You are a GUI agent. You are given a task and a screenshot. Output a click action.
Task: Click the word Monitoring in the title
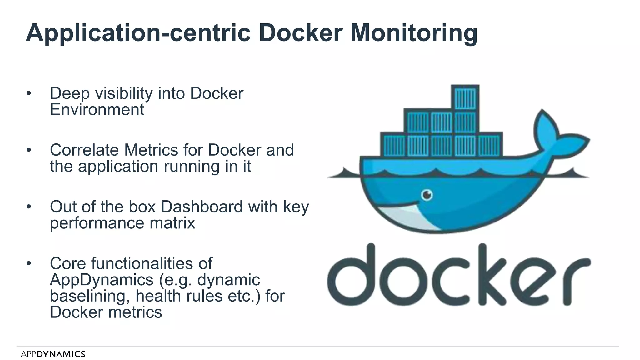pyautogui.click(x=414, y=33)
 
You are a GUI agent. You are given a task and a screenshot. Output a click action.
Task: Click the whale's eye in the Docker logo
pyautogui.click(x=427, y=195)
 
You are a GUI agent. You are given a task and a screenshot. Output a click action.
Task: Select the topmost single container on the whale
pyautogui.click(x=465, y=98)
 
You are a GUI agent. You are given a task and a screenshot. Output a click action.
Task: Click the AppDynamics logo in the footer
pyautogui.click(x=53, y=354)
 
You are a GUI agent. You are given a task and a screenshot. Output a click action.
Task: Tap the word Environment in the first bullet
pyautogui.click(x=97, y=110)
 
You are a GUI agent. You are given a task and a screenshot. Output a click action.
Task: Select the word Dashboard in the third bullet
pyautogui.click(x=202, y=207)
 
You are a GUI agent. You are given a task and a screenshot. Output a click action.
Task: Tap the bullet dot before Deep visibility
pyautogui.click(x=29, y=93)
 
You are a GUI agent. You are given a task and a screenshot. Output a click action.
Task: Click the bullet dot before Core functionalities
pyautogui.click(x=29, y=263)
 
